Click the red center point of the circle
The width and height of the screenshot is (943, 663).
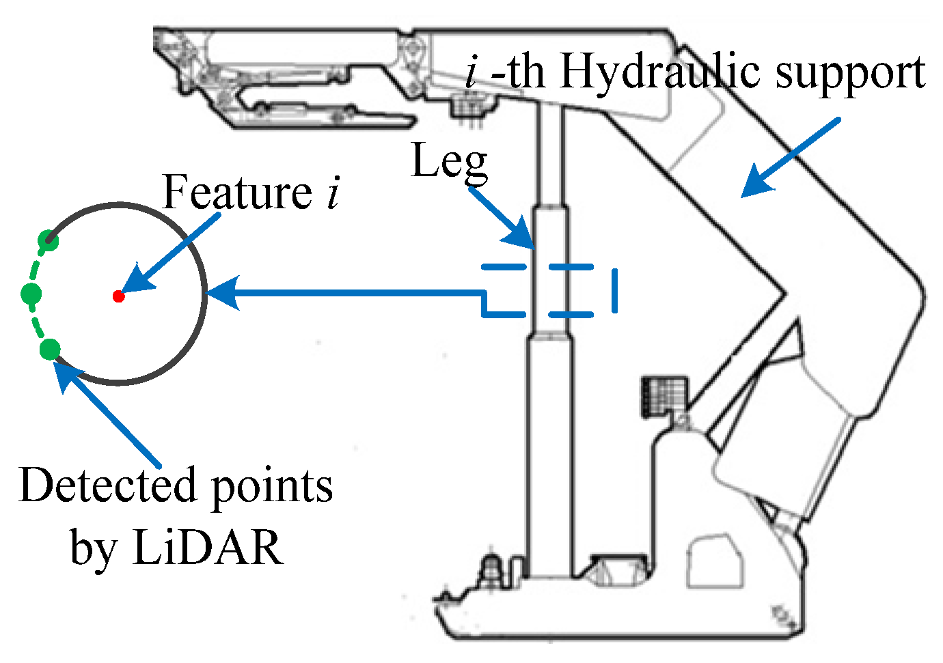[118, 296]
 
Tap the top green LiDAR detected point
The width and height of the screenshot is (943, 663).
[48, 240]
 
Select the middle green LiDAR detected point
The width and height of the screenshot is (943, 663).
[31, 294]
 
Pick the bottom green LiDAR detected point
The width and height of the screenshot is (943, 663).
[50, 350]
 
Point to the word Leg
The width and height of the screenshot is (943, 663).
[449, 162]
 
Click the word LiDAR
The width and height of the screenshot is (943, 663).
[208, 547]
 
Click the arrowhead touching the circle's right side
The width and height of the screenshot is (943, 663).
[222, 294]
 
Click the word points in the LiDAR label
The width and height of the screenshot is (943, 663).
[271, 487]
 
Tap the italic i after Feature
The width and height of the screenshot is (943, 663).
[332, 193]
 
